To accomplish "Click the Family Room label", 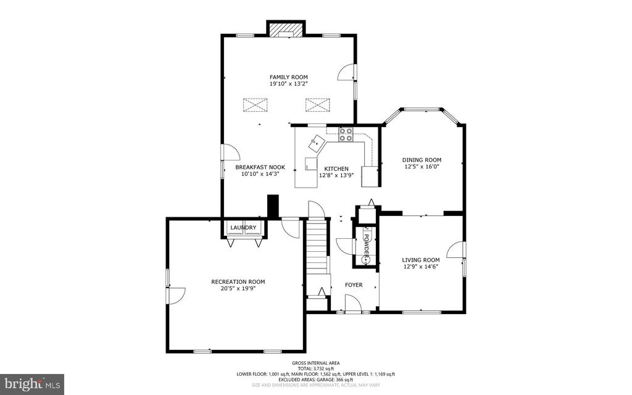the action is coord(289,77).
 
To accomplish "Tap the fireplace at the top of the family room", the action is coord(285,30).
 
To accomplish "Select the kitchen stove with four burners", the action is coord(346,134).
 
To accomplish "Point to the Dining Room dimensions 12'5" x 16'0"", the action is coord(422,166).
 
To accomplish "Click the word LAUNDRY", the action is coord(243,228).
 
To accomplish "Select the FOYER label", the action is coord(354,285).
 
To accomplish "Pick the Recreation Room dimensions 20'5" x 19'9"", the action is coord(238,288).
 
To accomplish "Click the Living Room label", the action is coord(421,260).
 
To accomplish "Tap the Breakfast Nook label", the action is coord(260,167).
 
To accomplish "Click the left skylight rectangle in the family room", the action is coord(255,105).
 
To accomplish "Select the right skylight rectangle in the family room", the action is coord(318,105).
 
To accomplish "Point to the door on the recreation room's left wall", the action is coord(175,296).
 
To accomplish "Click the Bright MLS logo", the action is coord(32,384).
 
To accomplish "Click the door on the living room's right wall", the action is coord(456,250).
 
